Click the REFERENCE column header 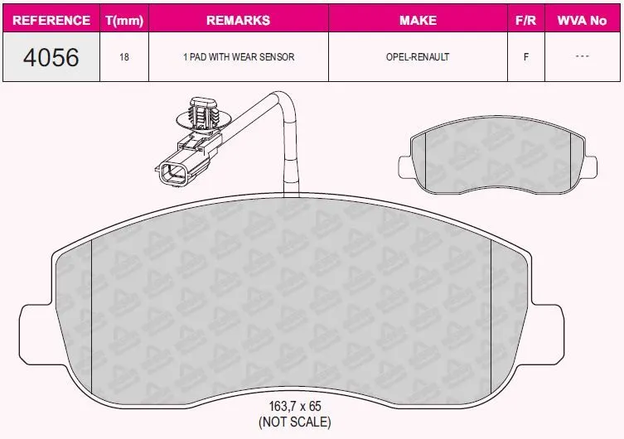click(51, 20)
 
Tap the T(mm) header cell click(124, 20)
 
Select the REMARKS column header click(239, 20)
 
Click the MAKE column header click(418, 20)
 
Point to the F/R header click(525, 20)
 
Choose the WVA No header click(582, 20)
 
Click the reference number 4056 click(51, 57)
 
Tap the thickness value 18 click(124, 57)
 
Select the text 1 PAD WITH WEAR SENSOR click(239, 57)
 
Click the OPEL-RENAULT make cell click(418, 57)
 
